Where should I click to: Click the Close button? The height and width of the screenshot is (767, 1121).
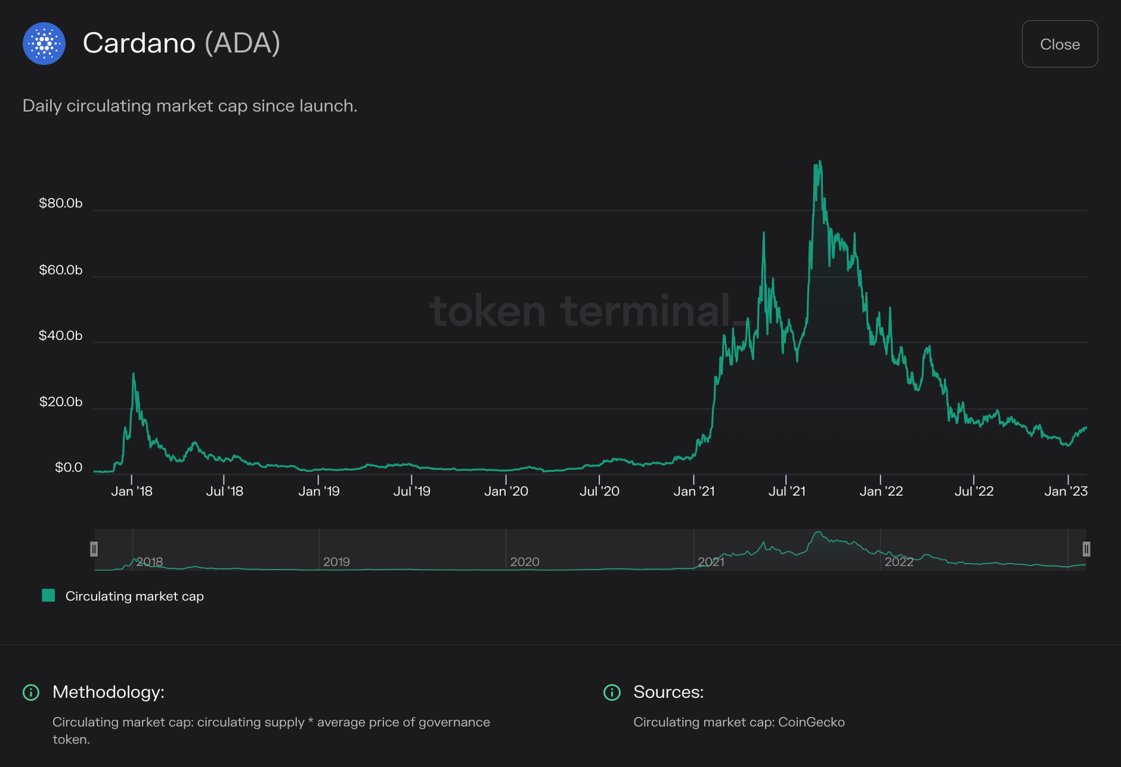1060,44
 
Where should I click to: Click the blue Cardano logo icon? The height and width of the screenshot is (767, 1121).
44,44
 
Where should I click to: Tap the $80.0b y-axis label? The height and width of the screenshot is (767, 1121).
60,203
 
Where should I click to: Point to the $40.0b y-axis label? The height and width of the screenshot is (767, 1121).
60,336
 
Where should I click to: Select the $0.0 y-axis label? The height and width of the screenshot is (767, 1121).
69,468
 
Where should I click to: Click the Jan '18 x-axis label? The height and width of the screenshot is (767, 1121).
132,491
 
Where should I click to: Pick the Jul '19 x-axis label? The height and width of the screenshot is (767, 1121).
411,491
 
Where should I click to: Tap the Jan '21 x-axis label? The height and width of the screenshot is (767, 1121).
693,491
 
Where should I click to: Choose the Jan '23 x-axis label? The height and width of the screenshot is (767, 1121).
1066,491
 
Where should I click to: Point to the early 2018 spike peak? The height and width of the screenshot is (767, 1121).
133,374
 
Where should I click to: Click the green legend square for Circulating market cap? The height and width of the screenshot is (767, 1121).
48,596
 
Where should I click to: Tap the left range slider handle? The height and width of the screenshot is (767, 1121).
94,549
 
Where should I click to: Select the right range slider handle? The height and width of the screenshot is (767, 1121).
1086,549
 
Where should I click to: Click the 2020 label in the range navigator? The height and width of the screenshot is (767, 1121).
525,562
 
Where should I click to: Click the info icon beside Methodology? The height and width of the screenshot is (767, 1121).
31,692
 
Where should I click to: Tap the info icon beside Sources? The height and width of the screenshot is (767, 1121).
612,692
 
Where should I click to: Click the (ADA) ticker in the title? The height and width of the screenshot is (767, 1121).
242,43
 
